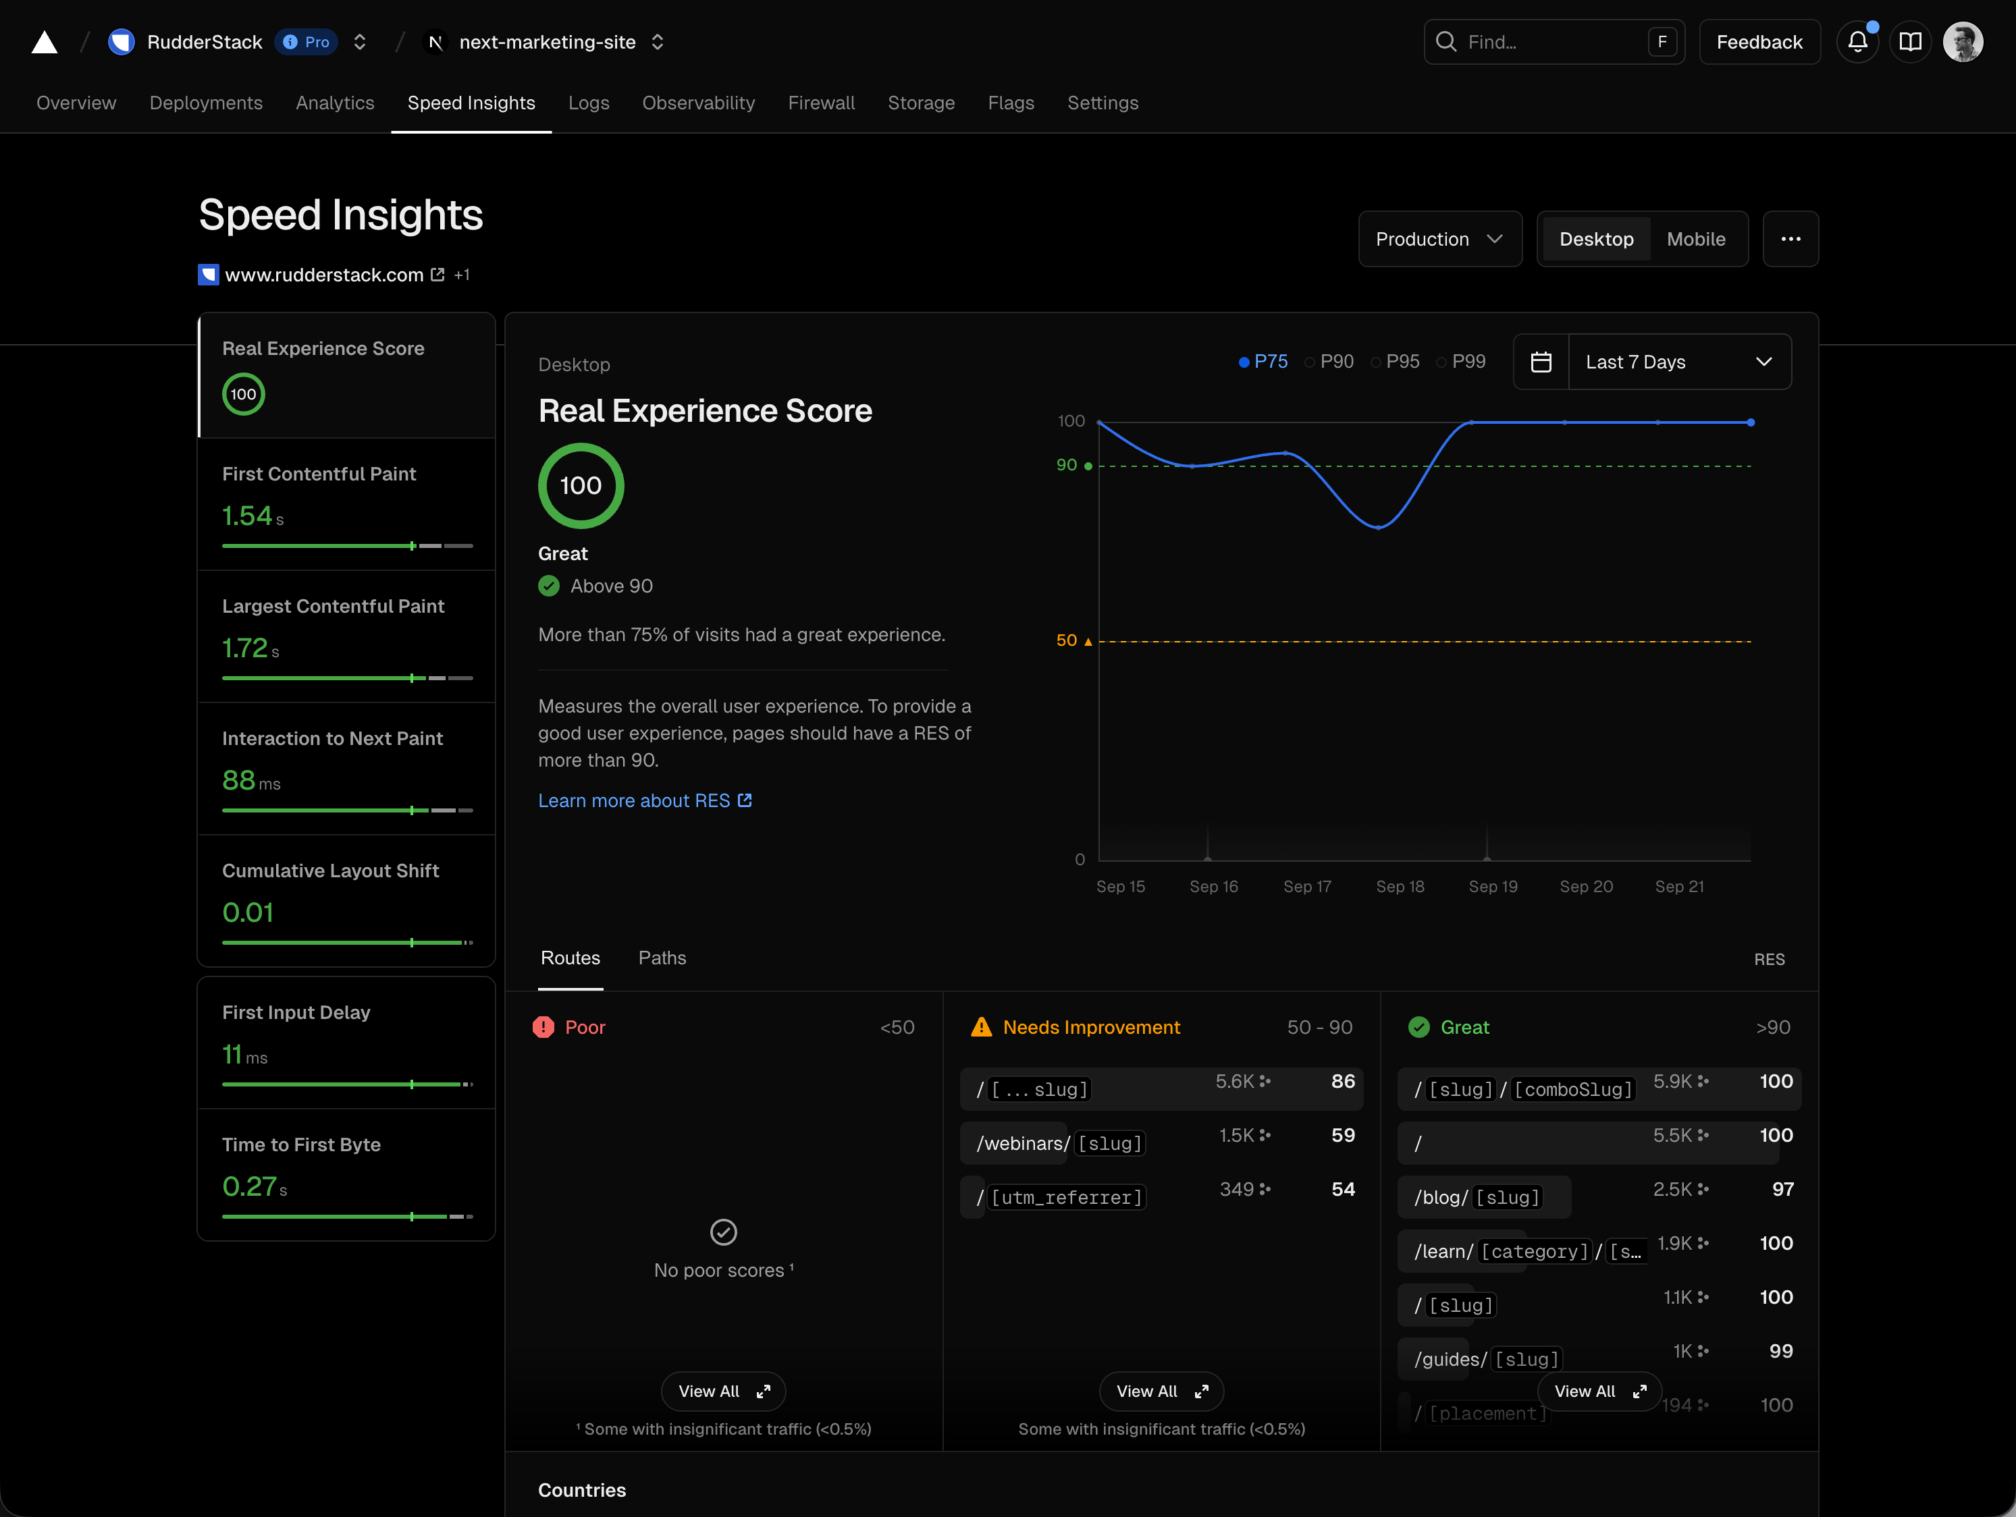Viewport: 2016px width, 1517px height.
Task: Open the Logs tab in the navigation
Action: point(588,103)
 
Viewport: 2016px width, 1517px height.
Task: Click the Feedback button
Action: point(1758,42)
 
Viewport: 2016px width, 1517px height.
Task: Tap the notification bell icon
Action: point(1857,42)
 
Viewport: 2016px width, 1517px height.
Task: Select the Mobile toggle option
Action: point(1695,239)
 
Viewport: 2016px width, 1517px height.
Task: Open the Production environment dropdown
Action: point(1438,239)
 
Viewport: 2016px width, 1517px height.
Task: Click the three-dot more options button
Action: point(1790,239)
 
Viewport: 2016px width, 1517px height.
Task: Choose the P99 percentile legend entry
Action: point(1467,362)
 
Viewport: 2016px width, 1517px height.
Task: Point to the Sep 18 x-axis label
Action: point(1399,887)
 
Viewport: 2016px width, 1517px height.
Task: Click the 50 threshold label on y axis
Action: point(1066,640)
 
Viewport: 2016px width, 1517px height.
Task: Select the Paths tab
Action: point(662,958)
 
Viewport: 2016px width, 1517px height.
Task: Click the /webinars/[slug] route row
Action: point(1060,1143)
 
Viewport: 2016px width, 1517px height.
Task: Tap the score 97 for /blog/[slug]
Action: point(1782,1189)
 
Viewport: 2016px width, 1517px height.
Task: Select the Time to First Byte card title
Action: point(300,1144)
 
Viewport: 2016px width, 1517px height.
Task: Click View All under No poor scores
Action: point(722,1391)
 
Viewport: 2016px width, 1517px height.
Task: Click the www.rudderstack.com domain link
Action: point(323,274)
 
